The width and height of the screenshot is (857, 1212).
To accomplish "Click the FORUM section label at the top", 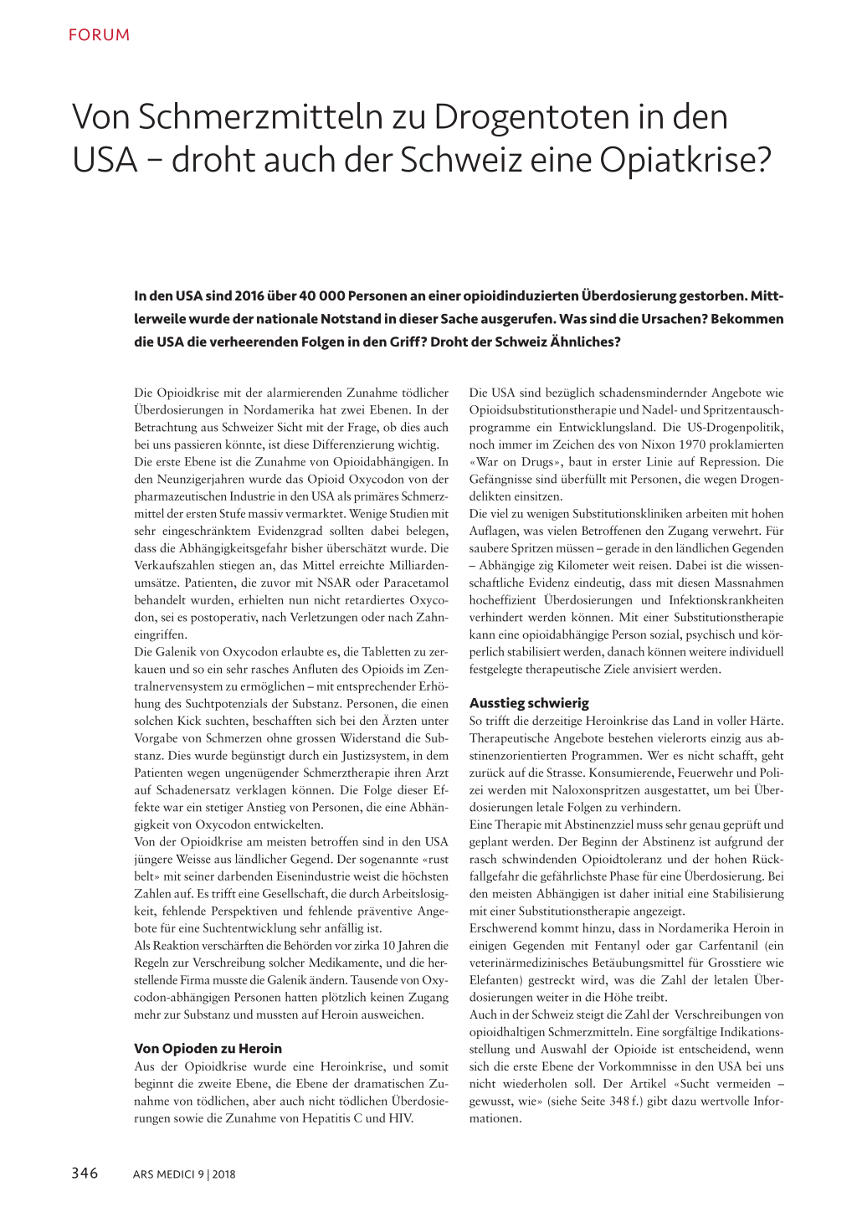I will click(x=99, y=35).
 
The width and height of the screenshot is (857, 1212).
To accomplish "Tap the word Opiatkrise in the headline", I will click(x=676, y=160).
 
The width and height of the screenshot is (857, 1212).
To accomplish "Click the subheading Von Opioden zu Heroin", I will click(x=208, y=1048).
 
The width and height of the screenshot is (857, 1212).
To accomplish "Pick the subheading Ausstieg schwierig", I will click(x=529, y=703).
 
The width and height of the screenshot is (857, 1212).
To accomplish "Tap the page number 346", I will click(x=85, y=1173).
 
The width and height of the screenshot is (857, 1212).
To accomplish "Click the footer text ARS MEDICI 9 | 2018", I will click(x=183, y=1174).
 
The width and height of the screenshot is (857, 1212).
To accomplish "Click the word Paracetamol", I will click(x=413, y=583).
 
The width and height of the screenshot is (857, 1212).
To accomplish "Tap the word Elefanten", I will click(x=496, y=980).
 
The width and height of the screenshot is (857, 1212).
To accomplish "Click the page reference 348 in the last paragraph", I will click(x=619, y=1102).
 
